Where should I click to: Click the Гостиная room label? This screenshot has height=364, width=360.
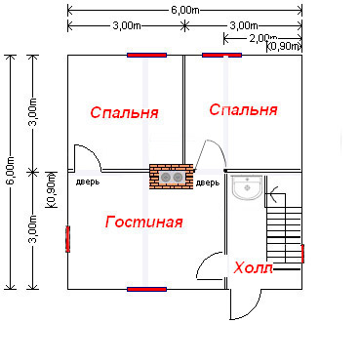143,222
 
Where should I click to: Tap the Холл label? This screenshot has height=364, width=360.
254,268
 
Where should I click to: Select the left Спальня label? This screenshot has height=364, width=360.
124,112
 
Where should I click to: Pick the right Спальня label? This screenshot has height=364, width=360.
243,110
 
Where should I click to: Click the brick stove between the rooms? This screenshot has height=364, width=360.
171,177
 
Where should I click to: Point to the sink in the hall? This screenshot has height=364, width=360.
247,186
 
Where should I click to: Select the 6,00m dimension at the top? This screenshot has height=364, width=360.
184,10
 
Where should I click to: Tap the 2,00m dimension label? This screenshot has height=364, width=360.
262,38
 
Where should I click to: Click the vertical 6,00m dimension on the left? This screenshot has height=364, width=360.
11,172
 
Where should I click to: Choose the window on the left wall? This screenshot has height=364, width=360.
67,239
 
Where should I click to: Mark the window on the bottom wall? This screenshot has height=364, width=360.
146,289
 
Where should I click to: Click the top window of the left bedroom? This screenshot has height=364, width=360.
146,55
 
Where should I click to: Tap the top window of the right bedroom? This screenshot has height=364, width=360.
221,55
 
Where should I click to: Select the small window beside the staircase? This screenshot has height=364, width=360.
302,254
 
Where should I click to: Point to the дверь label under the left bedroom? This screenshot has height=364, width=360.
88,182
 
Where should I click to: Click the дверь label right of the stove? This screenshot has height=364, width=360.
208,183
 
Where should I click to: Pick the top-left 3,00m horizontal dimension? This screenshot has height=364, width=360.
127,25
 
